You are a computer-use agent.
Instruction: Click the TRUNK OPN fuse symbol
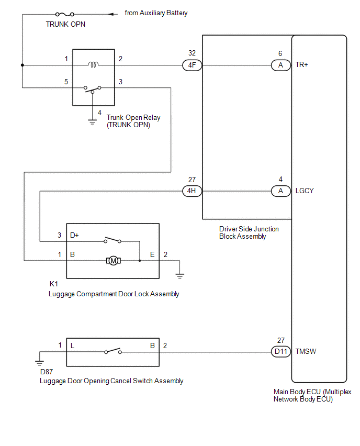(65, 14)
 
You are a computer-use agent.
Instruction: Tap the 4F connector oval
(192, 65)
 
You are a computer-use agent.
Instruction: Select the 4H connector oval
(192, 191)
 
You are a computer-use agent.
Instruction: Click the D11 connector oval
(281, 352)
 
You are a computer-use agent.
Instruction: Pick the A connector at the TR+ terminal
(281, 65)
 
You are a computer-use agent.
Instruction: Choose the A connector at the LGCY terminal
(281, 191)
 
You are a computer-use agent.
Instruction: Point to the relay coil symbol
(93, 65)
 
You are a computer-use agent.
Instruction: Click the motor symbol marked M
(114, 261)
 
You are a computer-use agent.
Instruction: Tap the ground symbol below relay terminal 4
(92, 122)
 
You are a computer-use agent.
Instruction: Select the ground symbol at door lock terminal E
(179, 276)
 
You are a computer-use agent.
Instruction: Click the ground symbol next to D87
(40, 363)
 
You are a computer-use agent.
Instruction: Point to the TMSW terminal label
(306, 352)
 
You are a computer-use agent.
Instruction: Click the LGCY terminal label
(305, 191)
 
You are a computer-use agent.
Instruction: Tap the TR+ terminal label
(302, 65)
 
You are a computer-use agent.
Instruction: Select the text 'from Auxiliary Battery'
(156, 13)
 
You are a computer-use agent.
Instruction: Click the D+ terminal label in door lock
(74, 235)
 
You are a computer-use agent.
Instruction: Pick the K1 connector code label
(54, 284)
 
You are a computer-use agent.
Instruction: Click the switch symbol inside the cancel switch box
(113, 351)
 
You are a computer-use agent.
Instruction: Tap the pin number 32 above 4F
(192, 53)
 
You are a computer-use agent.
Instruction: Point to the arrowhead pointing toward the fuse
(113, 14)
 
